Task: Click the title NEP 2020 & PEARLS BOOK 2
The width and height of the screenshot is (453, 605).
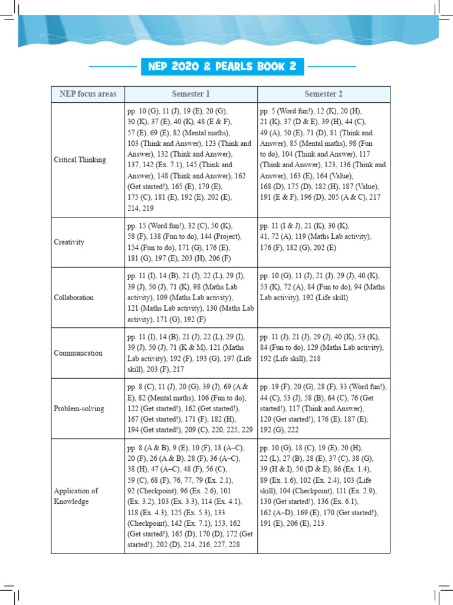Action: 222,66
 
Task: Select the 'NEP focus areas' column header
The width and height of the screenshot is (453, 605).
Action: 88,94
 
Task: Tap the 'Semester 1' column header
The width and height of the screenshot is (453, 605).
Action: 191,94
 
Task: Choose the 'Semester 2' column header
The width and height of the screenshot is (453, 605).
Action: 324,94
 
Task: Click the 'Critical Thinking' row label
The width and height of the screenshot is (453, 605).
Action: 80,160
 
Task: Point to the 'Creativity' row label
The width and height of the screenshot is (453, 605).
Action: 69,242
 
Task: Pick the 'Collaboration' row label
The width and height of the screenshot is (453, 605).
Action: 74,297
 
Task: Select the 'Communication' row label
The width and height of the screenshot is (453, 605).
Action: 78,353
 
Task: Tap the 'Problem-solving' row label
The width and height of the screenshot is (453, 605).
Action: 78,408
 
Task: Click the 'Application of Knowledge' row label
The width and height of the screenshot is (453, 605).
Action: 76,496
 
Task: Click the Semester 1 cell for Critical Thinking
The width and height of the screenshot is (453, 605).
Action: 190,160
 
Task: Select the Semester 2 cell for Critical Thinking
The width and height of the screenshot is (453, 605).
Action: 323,154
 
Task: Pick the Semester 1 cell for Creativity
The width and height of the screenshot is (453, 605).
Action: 190,242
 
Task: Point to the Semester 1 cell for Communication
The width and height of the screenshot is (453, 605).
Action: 190,353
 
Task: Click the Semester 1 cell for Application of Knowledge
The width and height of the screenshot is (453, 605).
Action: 190,496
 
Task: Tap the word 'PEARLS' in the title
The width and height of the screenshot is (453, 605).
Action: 234,66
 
